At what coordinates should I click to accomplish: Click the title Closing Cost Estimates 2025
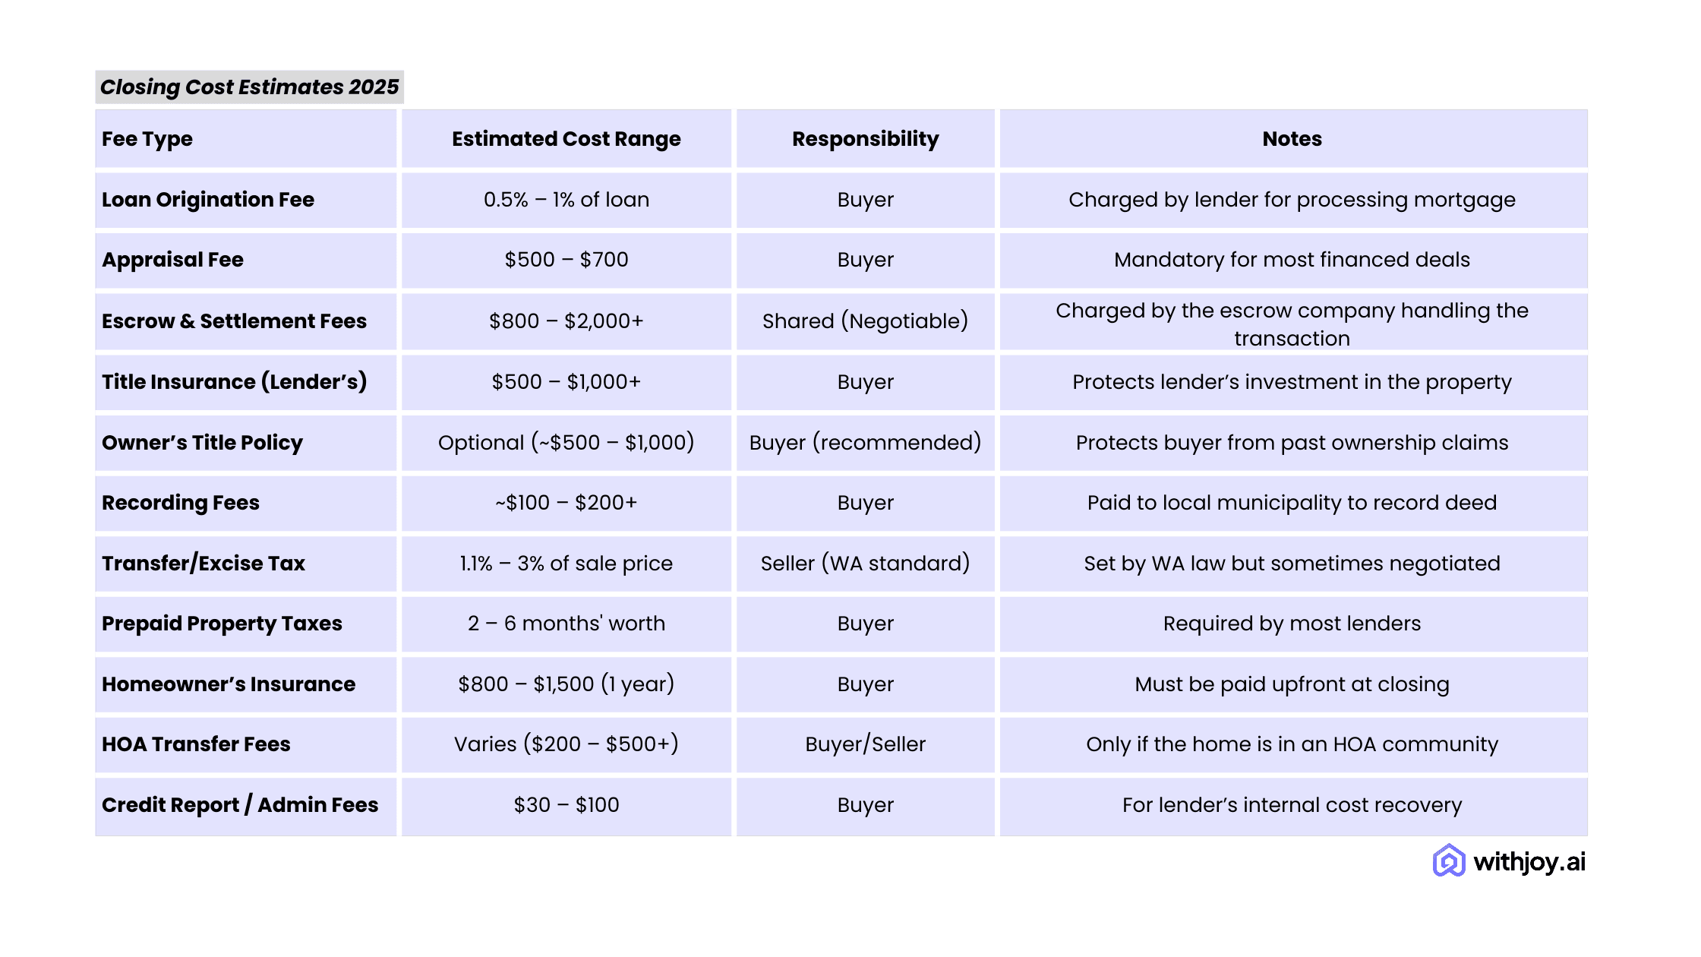click(249, 87)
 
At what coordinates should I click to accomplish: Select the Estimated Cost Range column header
click(566, 139)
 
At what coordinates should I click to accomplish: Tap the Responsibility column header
click(865, 139)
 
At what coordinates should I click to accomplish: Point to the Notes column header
click(1292, 139)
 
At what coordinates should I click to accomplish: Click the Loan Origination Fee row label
click(208, 200)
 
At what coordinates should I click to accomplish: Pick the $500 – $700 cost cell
click(566, 260)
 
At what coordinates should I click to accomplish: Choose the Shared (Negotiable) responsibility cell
click(865, 321)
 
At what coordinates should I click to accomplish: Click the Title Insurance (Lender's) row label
click(234, 382)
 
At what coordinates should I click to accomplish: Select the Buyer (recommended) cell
click(865, 443)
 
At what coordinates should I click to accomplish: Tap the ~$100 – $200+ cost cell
click(566, 503)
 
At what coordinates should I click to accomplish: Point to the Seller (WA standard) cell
click(865, 564)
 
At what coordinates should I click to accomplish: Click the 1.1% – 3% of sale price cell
click(566, 564)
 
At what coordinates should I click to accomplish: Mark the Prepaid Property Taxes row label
click(222, 624)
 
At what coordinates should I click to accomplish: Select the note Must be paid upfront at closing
click(1292, 684)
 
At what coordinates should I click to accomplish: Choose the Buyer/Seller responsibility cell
click(865, 744)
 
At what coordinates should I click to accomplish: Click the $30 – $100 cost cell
click(566, 805)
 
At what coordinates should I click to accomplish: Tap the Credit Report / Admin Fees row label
click(240, 805)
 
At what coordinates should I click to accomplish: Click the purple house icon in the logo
click(1449, 861)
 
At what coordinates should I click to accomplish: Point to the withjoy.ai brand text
click(1529, 862)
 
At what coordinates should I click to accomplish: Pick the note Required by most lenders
click(1292, 624)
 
